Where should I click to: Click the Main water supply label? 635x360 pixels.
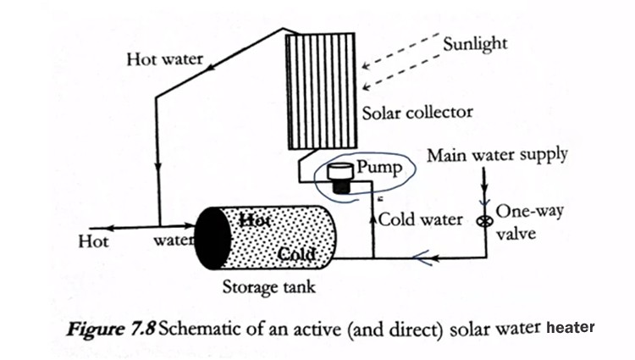click(497, 155)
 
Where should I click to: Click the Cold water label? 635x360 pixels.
click(421, 220)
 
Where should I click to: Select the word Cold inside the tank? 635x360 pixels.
click(298, 253)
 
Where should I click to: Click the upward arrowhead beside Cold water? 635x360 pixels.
click(373, 218)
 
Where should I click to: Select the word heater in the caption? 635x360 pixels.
click(571, 327)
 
